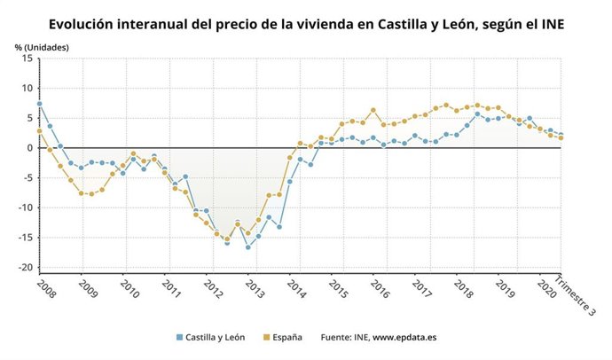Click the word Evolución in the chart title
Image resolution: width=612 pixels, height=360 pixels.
(86, 25)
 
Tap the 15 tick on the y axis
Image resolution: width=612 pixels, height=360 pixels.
(28, 59)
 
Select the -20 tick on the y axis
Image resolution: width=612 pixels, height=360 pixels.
(27, 268)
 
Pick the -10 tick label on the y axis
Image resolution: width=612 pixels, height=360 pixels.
(27, 208)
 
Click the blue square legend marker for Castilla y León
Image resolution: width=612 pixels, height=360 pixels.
(179, 338)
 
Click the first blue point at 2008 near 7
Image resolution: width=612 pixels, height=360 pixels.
(39, 104)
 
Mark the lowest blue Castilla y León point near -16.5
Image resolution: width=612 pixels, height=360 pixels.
(247, 247)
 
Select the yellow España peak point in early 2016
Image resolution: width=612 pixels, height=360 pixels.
(373, 110)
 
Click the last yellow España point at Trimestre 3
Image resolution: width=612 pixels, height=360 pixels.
(561, 137)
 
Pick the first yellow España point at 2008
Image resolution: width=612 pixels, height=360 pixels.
(39, 131)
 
